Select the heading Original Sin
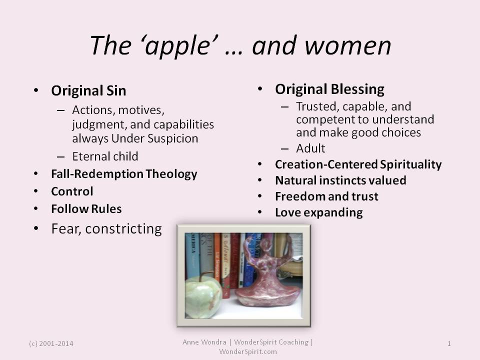click(89, 91)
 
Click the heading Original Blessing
click(329, 89)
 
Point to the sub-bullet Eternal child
click(105, 156)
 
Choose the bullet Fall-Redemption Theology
click(124, 174)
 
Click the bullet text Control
click(72, 191)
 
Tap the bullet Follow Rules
click(86, 209)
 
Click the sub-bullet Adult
click(310, 148)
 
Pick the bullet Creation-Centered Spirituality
click(358, 164)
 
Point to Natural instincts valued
click(340, 180)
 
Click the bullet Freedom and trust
click(326, 196)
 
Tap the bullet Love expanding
click(319, 212)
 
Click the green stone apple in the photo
click(203, 296)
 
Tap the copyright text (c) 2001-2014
click(51, 343)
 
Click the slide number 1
click(449, 343)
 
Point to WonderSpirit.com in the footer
click(247, 351)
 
